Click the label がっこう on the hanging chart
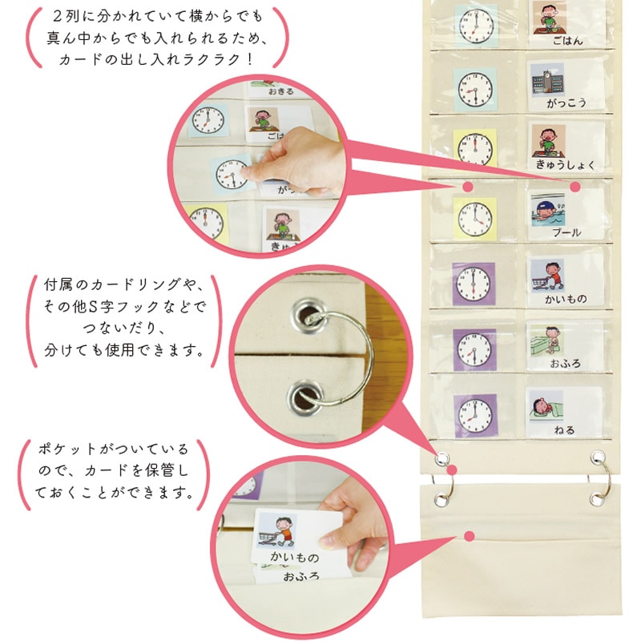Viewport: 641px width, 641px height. pyautogui.click(x=566, y=103)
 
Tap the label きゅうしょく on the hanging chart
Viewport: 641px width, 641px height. pyautogui.click(x=566, y=165)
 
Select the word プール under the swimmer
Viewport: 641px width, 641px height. pyautogui.click(x=566, y=232)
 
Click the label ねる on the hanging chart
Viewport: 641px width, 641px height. pyautogui.click(x=564, y=429)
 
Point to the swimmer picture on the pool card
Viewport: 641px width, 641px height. pyautogui.click(x=548, y=210)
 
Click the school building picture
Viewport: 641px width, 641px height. pyautogui.click(x=547, y=80)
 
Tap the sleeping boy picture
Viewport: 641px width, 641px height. pyautogui.click(x=546, y=406)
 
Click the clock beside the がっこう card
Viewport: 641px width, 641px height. pyautogui.click(x=475, y=90)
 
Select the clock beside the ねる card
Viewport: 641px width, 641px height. pyautogui.click(x=475, y=416)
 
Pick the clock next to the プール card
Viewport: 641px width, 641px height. pyautogui.click(x=474, y=220)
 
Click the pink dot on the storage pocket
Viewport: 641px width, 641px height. pyautogui.click(x=470, y=536)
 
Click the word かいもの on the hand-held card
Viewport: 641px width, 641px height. pyautogui.click(x=294, y=557)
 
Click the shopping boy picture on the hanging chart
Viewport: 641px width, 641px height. pyautogui.click(x=548, y=276)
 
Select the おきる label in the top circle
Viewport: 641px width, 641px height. pyautogui.click(x=281, y=91)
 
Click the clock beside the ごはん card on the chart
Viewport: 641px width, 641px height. pyautogui.click(x=476, y=26)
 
